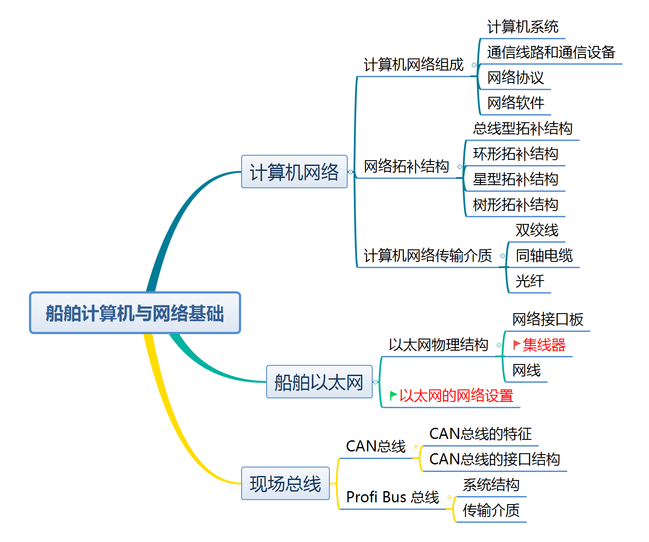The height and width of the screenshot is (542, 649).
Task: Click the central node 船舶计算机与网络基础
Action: pos(135,313)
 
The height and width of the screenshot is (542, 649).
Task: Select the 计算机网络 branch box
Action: pos(294,172)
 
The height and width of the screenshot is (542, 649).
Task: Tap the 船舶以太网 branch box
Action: pos(319,382)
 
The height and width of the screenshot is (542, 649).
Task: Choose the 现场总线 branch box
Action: pos(285,484)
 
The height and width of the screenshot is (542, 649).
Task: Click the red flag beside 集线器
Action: pos(517,344)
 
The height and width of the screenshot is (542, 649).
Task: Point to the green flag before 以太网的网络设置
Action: pos(393,395)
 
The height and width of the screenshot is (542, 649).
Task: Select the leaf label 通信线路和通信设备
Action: pos(551,52)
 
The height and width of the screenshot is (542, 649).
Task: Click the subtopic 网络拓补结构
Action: pos(406,166)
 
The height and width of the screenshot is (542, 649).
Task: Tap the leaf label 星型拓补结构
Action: pos(515,179)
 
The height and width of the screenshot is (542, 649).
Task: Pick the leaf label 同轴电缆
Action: pos(544,256)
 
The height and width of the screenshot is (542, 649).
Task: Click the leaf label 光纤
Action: pos(530,281)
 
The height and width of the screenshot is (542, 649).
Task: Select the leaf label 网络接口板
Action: pos(547,319)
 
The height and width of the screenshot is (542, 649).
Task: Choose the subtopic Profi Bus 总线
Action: pos(393,497)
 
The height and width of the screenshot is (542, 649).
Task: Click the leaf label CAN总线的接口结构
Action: pos(494,459)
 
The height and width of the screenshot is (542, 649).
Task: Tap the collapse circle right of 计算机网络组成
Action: pos(474,65)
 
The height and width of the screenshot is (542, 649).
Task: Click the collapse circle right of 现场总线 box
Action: pos(333,484)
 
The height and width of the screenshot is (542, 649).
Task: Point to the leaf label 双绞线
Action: pos(537,230)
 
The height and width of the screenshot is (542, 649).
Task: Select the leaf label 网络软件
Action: pos(515,103)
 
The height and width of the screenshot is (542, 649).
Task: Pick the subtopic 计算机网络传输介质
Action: pos(427,256)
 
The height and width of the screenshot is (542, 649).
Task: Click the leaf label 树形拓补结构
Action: pos(515,205)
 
